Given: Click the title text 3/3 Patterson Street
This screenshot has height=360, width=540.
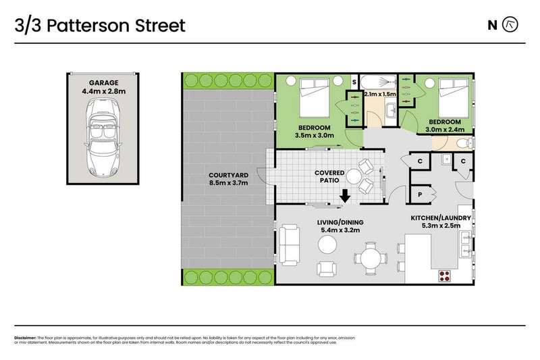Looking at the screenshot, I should click(99, 26).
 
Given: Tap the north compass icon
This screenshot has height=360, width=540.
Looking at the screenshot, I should click(512, 26).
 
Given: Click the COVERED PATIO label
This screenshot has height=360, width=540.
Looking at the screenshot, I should click(330, 177).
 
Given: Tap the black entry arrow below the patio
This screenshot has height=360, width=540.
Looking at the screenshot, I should click(345, 197).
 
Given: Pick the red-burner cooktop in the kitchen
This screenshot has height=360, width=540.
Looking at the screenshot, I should click(446, 275).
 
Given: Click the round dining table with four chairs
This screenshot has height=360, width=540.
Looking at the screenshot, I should click(370, 258).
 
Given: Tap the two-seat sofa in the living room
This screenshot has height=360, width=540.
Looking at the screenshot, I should click(291, 246).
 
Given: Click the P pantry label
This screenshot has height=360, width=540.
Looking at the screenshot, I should click(420, 194).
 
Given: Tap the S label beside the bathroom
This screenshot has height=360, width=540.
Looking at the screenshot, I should click(354, 83).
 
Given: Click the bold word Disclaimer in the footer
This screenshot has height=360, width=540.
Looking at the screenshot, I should click(25, 338).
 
